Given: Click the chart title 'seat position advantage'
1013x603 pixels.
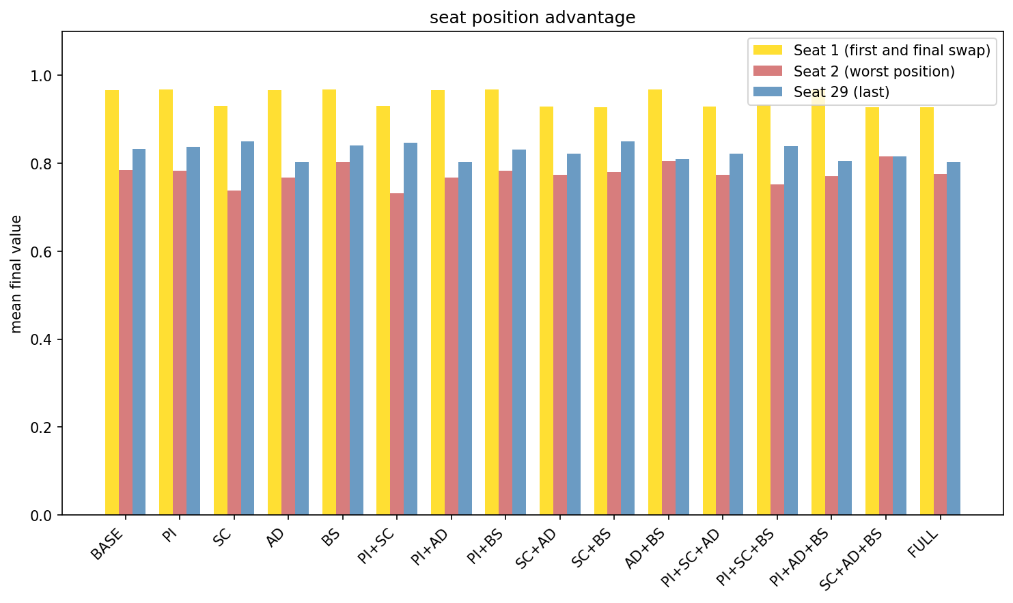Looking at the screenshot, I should tap(532, 18).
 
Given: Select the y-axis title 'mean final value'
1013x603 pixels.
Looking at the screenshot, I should tap(16, 274).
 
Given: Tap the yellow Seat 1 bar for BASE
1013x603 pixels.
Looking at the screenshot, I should tap(112, 303).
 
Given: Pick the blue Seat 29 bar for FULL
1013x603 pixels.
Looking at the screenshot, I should tap(954, 338).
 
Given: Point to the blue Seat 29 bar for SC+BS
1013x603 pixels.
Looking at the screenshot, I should tap(628, 328).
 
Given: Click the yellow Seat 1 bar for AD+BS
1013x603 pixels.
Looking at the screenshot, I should tap(655, 302).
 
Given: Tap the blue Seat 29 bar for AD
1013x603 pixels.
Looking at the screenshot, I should tap(302, 338).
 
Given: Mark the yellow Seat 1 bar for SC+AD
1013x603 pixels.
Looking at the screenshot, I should tap(546, 311).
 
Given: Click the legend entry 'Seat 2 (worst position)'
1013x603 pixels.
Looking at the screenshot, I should tap(874, 72).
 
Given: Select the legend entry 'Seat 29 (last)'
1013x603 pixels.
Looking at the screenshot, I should tap(841, 92).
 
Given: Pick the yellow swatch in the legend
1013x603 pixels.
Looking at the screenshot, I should tap(768, 51).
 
